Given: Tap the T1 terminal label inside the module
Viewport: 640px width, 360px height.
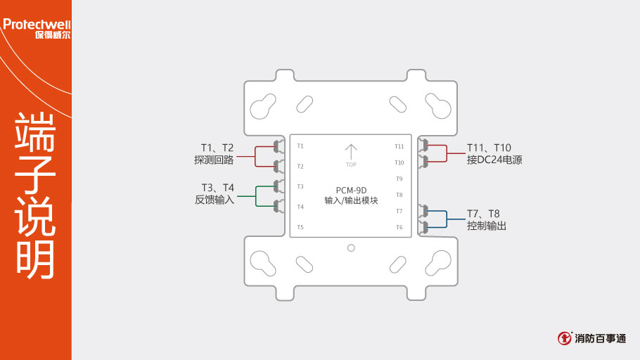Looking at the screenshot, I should click(x=300, y=146).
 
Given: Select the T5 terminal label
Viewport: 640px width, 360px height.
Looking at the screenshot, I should click(x=300, y=227).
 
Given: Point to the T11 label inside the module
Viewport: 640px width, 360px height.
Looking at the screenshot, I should click(x=399, y=146).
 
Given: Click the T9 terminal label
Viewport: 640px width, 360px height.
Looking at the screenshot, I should click(x=399, y=179).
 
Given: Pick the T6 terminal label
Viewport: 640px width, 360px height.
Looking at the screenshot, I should click(x=399, y=227).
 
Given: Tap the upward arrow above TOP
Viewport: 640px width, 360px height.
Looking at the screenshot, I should click(x=351, y=151).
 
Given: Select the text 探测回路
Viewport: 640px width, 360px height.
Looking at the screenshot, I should click(x=215, y=160).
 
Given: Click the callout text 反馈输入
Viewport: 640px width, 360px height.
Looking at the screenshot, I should click(x=215, y=200).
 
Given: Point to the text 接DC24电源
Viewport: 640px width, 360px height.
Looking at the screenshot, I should click(x=494, y=160).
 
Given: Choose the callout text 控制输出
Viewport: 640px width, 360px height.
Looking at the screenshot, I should click(x=487, y=226).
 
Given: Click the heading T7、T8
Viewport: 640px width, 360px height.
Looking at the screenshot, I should click(x=483, y=213).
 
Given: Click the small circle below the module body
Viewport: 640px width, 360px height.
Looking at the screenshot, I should click(x=351, y=247).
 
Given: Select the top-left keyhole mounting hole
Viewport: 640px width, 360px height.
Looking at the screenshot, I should click(x=262, y=107).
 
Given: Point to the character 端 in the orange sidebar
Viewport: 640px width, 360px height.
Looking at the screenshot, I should click(x=35, y=131).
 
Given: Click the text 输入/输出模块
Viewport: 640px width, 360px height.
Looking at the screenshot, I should click(x=352, y=201).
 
